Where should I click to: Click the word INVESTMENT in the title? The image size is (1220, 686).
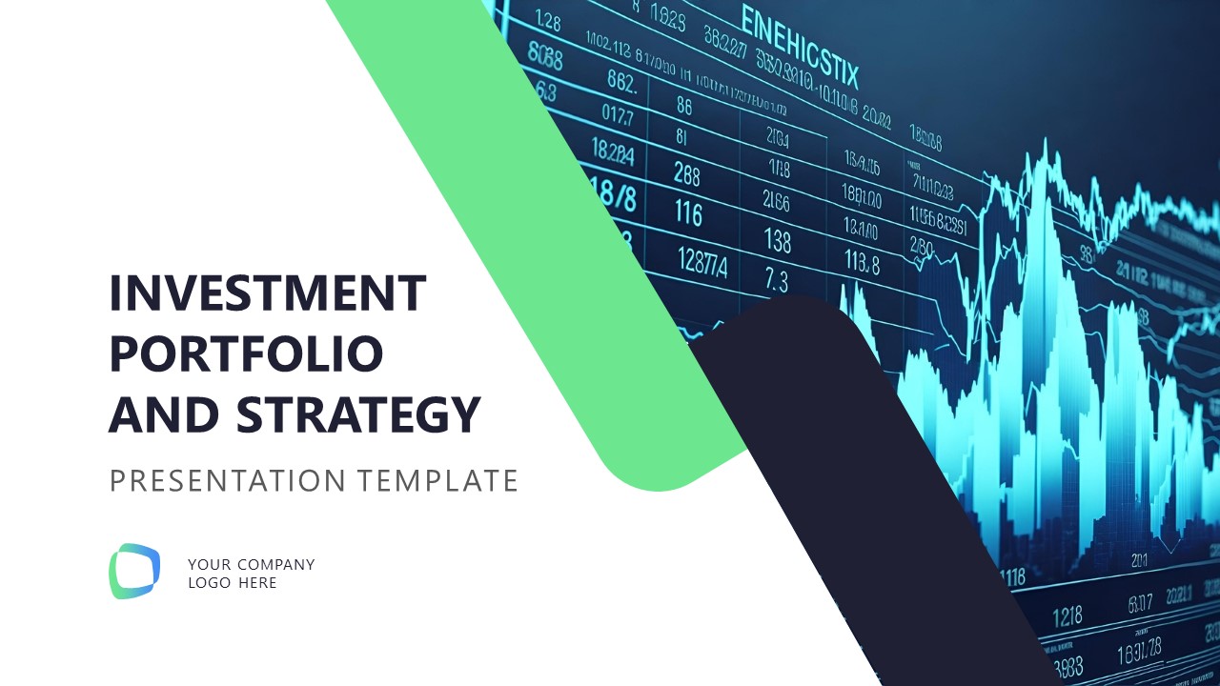point(268,293)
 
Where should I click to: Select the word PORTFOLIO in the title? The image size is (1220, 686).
point(246,353)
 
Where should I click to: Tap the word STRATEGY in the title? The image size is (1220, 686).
point(358,414)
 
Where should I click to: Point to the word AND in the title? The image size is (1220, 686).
point(165,414)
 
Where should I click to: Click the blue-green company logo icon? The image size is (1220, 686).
point(134,572)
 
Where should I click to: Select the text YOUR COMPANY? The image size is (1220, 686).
point(251,564)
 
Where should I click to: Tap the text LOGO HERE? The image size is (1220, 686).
point(233,583)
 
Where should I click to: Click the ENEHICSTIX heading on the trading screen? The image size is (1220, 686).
point(799,46)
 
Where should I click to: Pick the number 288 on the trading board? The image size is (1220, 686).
point(686,174)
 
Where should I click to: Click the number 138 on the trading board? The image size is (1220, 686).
point(778,241)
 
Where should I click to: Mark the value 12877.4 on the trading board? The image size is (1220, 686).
point(701,260)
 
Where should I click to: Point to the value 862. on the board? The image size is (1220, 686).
point(620,84)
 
